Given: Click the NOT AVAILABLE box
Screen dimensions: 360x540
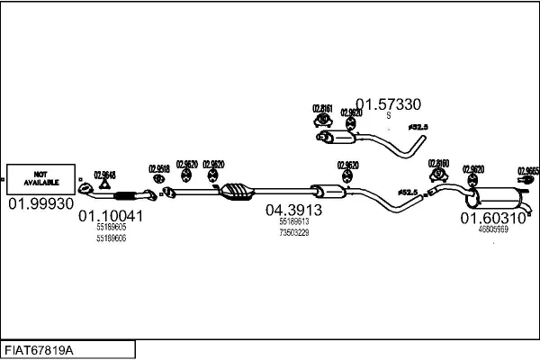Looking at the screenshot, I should pos(40,179).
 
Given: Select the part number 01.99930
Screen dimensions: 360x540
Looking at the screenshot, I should pos(41,205).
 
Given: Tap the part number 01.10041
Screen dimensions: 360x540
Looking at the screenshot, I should pos(111,216).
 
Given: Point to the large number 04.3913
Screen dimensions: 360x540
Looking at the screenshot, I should pos(293,210).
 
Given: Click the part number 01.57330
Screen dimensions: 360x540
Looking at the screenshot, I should pos(388,103).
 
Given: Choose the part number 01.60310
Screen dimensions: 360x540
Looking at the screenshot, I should pos(493,218).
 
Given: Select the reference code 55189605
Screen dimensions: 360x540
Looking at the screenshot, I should pos(111,229).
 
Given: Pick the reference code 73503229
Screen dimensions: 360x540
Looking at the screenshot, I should pos(293,232).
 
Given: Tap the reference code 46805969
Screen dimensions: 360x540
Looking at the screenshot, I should pos(493,229).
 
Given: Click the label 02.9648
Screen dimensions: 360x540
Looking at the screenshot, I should pos(104,174).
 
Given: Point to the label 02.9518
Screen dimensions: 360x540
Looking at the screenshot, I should pos(158,168).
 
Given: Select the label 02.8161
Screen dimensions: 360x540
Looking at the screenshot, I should pos(322,110).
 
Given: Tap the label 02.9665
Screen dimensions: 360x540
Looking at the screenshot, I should pos(527,169).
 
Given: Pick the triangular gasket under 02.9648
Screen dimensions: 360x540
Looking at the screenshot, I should pos(104,186).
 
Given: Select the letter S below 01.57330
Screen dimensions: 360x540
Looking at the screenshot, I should pos(388,116).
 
